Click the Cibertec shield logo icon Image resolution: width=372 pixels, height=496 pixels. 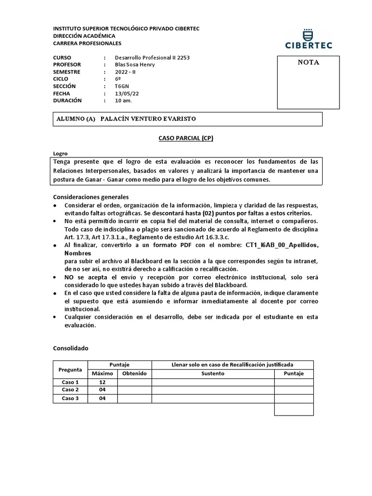308,34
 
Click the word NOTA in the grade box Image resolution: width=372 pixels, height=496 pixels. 308,62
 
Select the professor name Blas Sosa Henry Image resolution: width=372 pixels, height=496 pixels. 135,64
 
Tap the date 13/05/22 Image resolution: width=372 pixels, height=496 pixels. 126,93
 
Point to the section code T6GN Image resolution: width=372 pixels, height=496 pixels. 122,86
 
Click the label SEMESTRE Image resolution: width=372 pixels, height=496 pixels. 68,72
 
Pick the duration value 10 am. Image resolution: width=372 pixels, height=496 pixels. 123,101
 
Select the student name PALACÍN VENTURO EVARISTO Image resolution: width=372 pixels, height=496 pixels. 148,119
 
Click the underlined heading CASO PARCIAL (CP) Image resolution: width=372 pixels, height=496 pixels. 186,138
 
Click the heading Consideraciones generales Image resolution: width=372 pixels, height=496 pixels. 90,197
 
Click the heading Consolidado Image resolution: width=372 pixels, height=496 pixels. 70,348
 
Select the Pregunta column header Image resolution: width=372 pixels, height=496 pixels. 70,369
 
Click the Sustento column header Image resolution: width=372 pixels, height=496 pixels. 213,373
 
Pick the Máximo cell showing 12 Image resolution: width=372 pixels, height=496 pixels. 102,382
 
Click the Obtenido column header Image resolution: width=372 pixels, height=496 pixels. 134,373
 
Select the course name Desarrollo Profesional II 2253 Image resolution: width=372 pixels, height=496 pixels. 152,57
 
